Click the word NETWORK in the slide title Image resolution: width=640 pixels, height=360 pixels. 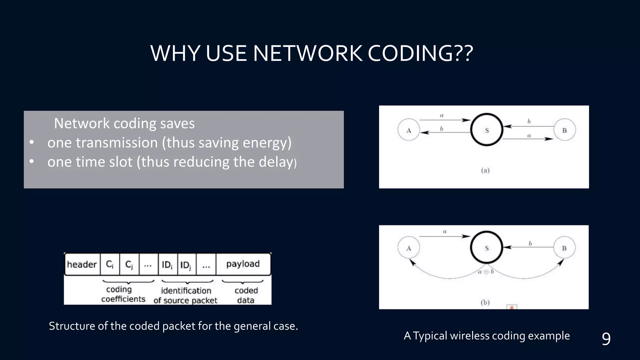[x=307, y=53]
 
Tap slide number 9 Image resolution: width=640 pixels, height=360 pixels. [x=606, y=339]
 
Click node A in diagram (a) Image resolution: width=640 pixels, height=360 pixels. [x=409, y=130]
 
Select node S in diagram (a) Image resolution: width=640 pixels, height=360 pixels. [x=487, y=130]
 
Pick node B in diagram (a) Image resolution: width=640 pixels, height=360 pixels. [x=564, y=130]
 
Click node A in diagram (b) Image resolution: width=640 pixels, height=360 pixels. [x=409, y=248]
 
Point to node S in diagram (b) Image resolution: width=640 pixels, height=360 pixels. [x=487, y=248]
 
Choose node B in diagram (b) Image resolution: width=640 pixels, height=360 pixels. [x=564, y=248]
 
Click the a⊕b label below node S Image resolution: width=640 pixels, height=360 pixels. [x=486, y=272]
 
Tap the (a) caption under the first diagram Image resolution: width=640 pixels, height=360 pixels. [x=485, y=170]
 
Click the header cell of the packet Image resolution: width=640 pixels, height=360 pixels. [x=82, y=264]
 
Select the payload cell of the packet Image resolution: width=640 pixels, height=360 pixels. [x=243, y=264]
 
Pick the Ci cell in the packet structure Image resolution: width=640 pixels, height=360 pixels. [x=110, y=264]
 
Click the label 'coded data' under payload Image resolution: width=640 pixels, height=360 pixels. [x=246, y=295]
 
